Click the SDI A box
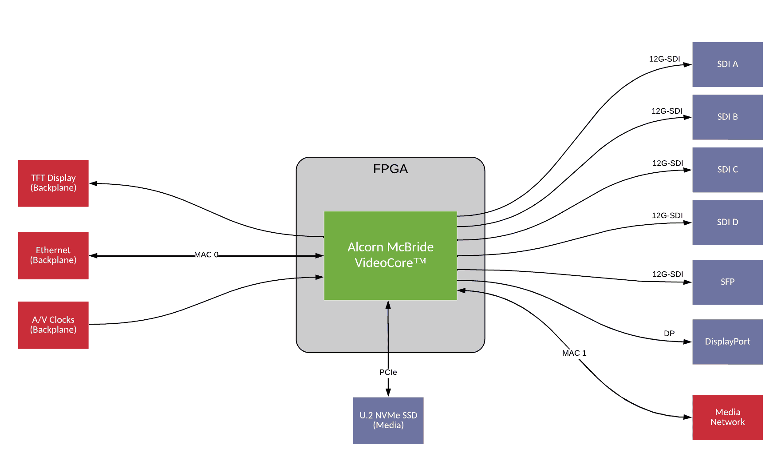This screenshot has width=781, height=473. pos(727,64)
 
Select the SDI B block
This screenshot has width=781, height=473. pos(727,117)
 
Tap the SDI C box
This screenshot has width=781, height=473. pos(727,170)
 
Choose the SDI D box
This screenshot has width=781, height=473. pos(727,222)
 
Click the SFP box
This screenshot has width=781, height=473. pos(727,282)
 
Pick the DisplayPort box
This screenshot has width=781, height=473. pos(727,342)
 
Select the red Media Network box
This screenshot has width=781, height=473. pos(727,417)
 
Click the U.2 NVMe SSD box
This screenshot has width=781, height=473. pos(388,420)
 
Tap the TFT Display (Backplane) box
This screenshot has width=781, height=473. pos(53,183)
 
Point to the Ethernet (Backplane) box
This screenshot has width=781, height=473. pos(53,255)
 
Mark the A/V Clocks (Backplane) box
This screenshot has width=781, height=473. pos(53,325)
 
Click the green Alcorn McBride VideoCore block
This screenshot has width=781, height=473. pos(390,255)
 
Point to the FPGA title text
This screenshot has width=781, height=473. pos(390,169)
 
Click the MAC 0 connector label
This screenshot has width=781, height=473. pos(206,255)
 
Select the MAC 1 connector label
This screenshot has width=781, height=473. pos(574,353)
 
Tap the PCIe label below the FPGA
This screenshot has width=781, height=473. pos(388,372)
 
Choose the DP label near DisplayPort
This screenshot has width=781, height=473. pos(669,334)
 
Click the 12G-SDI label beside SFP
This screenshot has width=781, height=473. pos(667,274)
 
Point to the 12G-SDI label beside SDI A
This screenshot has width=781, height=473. pos(664,59)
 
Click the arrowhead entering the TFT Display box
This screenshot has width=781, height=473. pos(93,183)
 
